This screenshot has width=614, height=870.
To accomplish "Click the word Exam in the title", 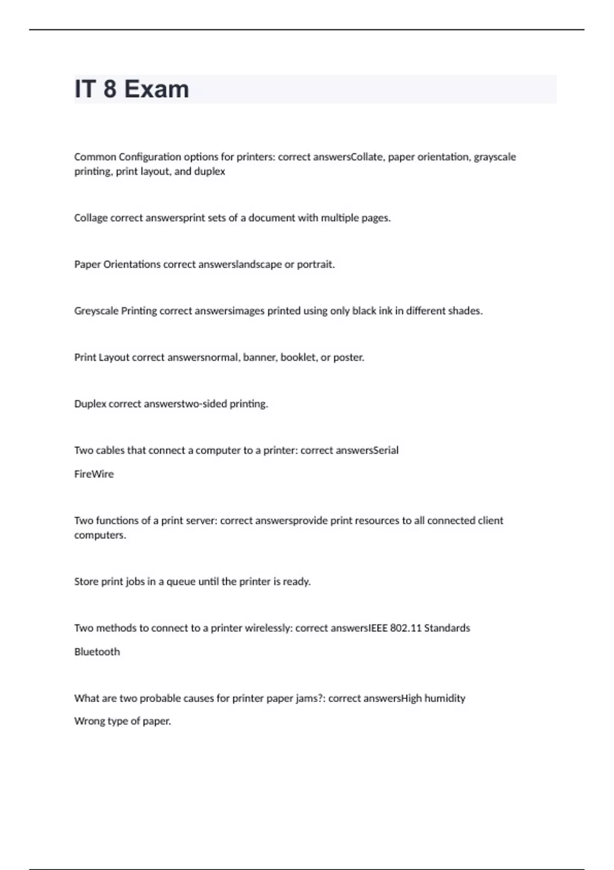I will pos(157,89).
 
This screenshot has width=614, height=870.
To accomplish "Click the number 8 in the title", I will pos(109,89).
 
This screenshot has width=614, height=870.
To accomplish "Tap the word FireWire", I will pos(94,474).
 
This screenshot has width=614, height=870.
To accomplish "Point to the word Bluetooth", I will pos(97,651).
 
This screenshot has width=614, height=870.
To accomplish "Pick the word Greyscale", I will pos(96,311).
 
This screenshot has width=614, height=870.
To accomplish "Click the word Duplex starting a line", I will pos(90,404).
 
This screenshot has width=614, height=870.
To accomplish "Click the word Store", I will pos(86,581).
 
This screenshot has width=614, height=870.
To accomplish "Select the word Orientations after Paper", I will pos(132,265).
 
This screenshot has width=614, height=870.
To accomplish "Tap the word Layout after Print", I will pos(114,357).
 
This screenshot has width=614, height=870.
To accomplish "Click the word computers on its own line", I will pos(100,535).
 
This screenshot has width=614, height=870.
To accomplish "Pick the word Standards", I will pos(447,628).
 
